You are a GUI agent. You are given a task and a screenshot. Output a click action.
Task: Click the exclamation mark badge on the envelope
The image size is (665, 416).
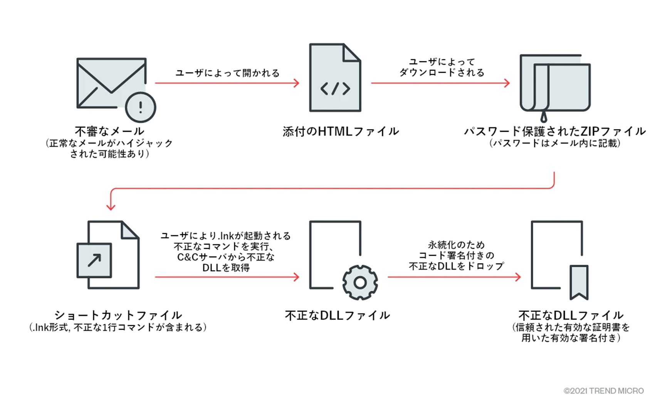click(141, 107)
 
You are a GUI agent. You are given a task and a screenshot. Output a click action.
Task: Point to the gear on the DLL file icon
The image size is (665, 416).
click(360, 282)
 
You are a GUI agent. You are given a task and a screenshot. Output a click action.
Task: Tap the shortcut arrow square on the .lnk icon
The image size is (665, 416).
click(94, 260)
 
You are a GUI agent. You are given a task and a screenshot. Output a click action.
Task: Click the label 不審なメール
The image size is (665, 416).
click(109, 131)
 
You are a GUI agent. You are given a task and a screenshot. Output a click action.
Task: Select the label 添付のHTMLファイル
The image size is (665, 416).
click(341, 131)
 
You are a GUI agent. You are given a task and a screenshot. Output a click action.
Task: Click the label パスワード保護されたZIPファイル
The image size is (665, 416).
click(555, 131)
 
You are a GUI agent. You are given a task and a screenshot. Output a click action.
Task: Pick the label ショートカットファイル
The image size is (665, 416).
click(118, 315)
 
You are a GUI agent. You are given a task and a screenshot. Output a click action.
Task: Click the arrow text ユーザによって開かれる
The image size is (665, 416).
click(227, 73)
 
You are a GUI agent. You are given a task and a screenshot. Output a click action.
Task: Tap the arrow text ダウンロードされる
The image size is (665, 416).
click(442, 72)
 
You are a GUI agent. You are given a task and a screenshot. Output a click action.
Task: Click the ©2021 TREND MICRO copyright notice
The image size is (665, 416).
click(603, 391)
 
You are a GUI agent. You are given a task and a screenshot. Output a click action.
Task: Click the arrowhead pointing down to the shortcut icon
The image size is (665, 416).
click(111, 206)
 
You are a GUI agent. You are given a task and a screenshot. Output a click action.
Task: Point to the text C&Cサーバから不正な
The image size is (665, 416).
click(226, 257)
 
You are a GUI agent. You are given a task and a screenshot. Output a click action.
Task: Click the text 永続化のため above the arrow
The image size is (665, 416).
click(456, 245)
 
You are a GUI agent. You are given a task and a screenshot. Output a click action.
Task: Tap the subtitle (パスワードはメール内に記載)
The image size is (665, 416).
click(555, 143)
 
